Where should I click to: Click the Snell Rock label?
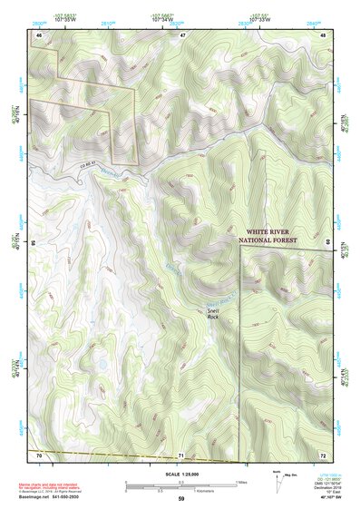coord(213,313)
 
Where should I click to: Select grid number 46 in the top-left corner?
coord(39,34)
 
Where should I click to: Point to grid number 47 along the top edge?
coord(181,34)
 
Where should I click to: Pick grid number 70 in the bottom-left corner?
coord(39,453)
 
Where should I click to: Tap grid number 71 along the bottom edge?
coord(181,453)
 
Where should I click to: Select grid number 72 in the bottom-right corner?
coord(322,453)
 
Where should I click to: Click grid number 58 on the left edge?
coord(34,243)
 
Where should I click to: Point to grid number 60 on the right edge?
coord(327,243)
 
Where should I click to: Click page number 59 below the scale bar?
coord(181,500)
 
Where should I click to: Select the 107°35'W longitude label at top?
coord(75,18)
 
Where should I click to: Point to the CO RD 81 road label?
coord(89,162)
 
